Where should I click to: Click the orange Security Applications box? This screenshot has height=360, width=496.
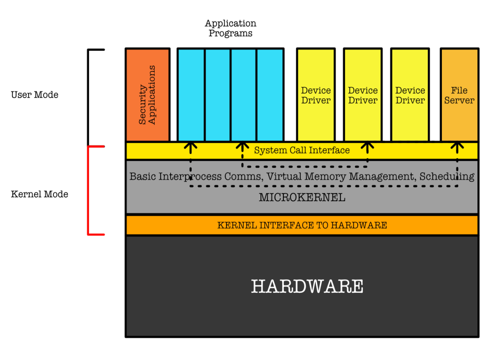[148, 95]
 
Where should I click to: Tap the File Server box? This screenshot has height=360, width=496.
[459, 95]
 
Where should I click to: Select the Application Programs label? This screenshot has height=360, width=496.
[230, 28]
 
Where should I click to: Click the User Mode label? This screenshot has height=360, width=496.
[35, 95]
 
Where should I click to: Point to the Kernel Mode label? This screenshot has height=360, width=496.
[39, 194]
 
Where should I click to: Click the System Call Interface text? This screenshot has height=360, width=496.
[302, 150]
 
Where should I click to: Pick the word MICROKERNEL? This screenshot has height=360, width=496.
[302, 198]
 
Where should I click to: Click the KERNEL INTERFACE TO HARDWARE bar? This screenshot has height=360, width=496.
[302, 225]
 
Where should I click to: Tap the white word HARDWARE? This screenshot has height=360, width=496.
[307, 286]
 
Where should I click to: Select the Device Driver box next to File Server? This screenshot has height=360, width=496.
[410, 95]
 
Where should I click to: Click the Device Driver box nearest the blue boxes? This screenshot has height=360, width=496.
[316, 95]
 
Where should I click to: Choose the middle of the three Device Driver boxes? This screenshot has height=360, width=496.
[363, 95]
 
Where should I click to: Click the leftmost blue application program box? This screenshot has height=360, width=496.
[191, 95]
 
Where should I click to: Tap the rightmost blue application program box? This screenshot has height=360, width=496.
[270, 95]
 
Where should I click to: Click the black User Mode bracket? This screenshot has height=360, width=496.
[88, 97]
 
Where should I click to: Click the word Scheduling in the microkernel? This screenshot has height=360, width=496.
[447, 177]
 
